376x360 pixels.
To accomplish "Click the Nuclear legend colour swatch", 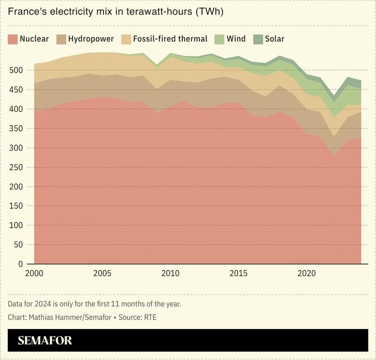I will pos(13,39).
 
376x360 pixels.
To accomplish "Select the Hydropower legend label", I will pos(91,39).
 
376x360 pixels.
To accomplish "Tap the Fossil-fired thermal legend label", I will pos(170,39).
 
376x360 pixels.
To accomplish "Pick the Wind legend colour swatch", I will pos(219,39).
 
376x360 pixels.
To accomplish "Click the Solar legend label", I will pos(275,39).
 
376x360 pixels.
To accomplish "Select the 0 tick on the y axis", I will pos(20,264).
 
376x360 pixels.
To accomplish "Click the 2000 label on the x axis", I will pos(34,273).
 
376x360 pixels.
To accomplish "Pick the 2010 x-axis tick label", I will pos(171,273).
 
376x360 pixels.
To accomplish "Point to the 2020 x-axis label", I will pos(307,273).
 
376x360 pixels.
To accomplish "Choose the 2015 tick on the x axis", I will pos(239,273).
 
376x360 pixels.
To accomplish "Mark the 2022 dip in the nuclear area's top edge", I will pos(334,155).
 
